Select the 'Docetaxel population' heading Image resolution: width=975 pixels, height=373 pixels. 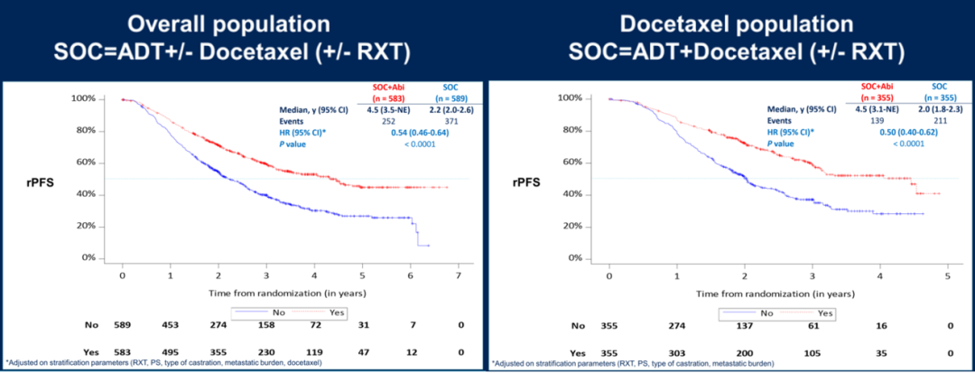(x=730, y=24)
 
